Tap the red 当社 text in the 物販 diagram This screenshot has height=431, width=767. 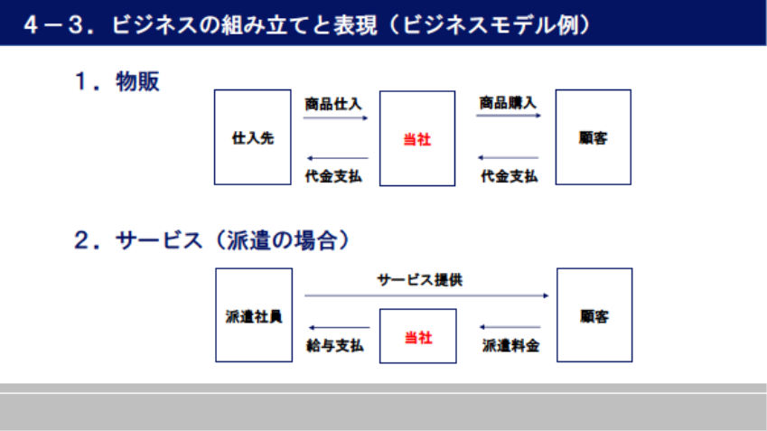point(416,140)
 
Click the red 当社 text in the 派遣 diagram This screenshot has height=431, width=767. point(418,338)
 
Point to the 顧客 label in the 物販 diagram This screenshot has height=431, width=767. point(593,138)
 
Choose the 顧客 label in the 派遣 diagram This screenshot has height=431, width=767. point(594,316)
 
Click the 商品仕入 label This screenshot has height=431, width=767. point(333,104)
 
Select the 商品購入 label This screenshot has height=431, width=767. point(508,103)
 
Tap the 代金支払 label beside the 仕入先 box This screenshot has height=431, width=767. point(333,176)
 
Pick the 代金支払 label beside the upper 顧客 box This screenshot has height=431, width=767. point(509,176)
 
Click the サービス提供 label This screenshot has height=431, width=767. point(420,280)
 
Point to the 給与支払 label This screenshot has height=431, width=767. point(334,345)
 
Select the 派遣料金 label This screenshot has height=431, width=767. point(510,345)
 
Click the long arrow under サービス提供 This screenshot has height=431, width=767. point(426,295)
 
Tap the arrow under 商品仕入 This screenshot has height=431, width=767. point(335,117)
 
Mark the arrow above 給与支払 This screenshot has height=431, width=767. point(339,328)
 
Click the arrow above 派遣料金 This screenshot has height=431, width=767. point(510,327)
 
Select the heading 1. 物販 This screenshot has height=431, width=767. point(117,81)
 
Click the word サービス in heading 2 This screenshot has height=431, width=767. point(158,240)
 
